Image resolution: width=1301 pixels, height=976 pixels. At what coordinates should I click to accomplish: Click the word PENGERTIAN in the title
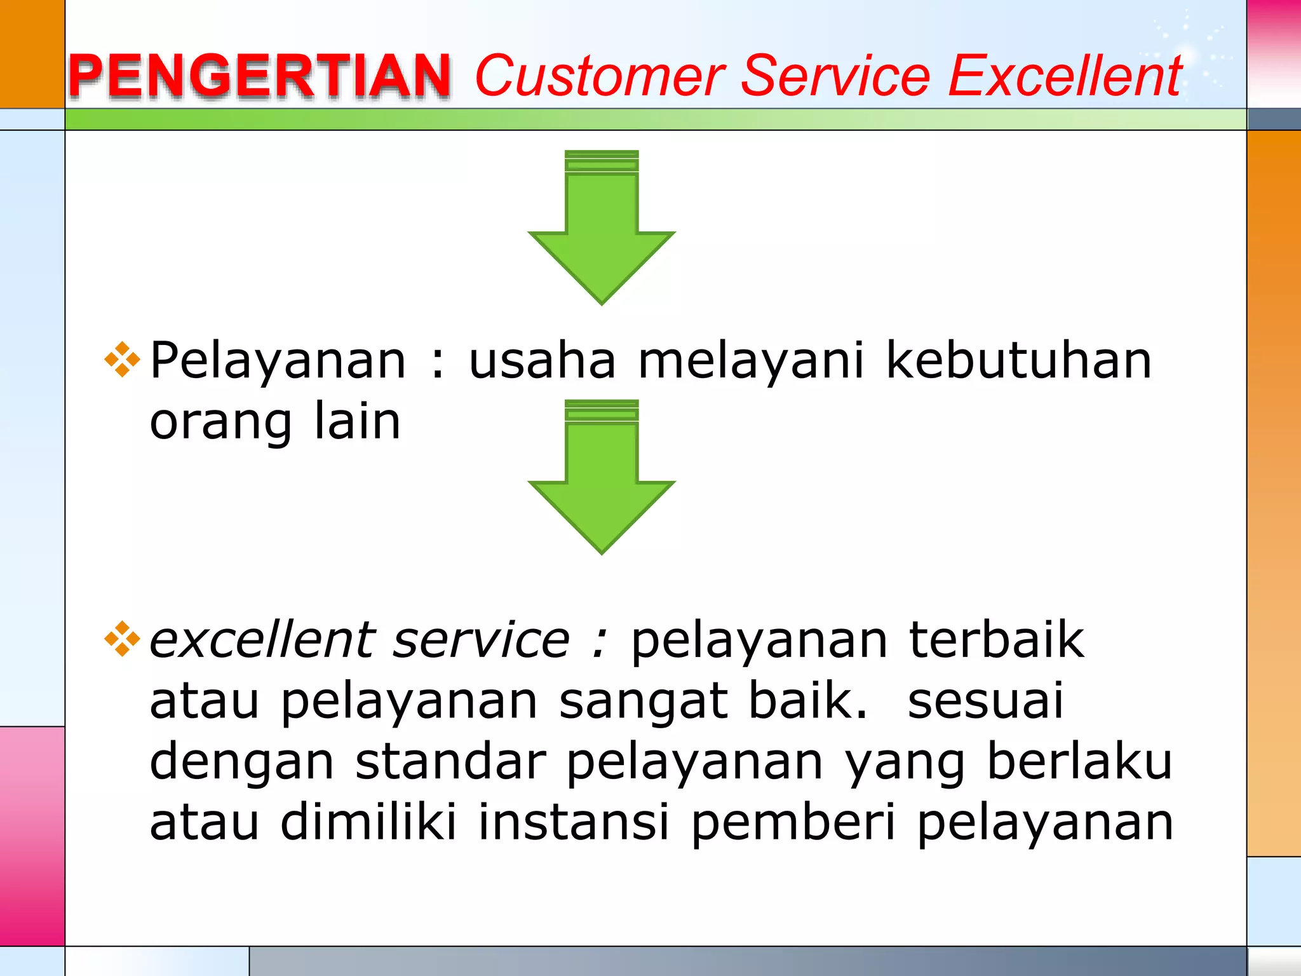pos(259,76)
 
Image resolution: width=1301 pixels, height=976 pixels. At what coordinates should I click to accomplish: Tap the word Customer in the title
pos(600,76)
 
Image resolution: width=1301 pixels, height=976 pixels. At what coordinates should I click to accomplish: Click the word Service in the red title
pos(836,76)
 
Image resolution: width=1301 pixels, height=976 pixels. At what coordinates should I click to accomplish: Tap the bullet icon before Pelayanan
pos(122,360)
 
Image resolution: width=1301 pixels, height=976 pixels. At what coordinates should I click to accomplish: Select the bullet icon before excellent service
pos(122,639)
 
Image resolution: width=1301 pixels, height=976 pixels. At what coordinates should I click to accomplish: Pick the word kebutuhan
pos(1018,360)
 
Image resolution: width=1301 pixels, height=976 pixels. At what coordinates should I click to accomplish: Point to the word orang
pos(220,423)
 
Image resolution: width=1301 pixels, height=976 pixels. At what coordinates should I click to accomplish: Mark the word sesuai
pos(985,701)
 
